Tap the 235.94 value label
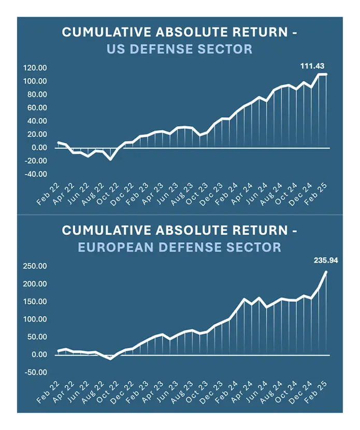326,261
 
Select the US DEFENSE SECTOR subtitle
180,50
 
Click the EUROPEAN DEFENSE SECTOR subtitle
180,248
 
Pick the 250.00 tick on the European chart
35,266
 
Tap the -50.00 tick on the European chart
36,372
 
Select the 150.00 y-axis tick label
35,302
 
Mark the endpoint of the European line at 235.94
326,271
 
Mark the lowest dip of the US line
111,159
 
